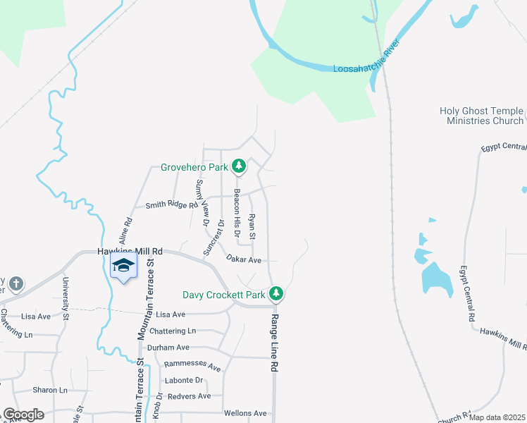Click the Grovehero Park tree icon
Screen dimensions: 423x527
click(x=240, y=166)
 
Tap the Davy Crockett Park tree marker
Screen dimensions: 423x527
click(x=278, y=293)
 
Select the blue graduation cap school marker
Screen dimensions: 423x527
click(x=123, y=266)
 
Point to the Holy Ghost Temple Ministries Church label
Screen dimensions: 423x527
click(x=482, y=116)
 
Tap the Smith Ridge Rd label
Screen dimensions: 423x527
click(x=172, y=205)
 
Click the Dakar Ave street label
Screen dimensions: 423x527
click(x=244, y=260)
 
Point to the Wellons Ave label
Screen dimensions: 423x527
click(x=245, y=413)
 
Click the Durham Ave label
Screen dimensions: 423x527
click(x=168, y=348)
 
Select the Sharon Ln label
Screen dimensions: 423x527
click(x=49, y=390)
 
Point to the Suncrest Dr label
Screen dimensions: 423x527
click(x=220, y=237)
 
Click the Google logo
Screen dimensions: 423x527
click(x=23, y=415)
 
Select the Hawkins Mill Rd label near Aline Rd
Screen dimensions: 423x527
click(x=130, y=251)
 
